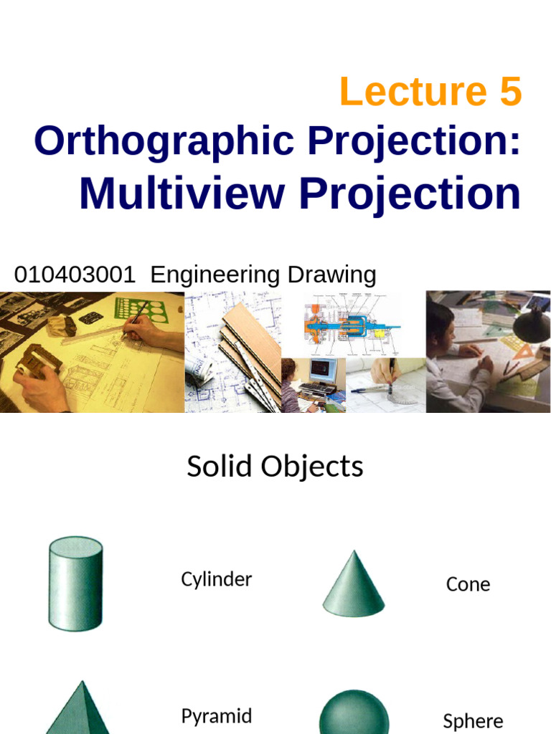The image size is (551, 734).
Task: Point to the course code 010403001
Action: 75,275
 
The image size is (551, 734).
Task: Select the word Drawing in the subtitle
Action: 331,275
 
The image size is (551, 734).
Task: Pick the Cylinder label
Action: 216,579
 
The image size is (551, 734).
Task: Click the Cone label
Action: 468,584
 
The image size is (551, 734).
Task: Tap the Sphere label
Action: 473,720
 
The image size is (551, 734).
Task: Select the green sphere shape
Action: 353,713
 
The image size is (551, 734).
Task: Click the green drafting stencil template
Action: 141,309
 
